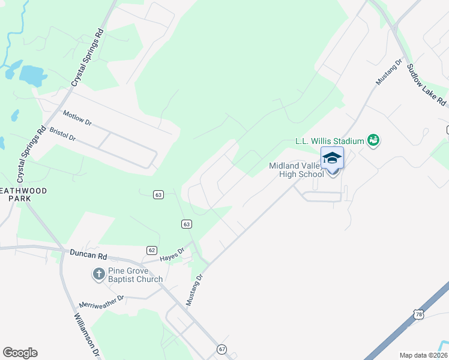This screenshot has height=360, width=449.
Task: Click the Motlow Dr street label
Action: [77, 118]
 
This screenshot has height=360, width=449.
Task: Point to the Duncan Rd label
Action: [88, 254]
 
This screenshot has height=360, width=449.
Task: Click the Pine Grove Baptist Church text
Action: [135, 274]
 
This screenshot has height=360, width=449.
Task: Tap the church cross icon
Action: [98, 274]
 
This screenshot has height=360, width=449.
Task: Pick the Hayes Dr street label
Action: [172, 255]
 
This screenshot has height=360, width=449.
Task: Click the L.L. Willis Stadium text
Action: [330, 141]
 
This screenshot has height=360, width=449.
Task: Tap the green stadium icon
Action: [373, 140]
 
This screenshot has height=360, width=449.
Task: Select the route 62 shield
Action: [151, 250]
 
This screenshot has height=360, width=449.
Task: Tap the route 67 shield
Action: [222, 349]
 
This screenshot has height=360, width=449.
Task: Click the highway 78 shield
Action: [418, 314]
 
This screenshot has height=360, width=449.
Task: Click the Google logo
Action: [20, 353]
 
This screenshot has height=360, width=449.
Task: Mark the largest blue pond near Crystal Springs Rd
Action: [32, 76]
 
